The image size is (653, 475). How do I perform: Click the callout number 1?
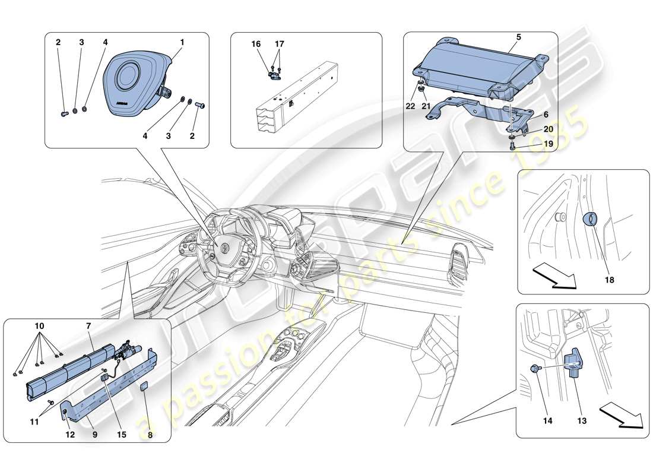pos(182,42)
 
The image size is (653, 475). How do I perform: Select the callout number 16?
pos(255,44)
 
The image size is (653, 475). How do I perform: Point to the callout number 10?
pos(39,327)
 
